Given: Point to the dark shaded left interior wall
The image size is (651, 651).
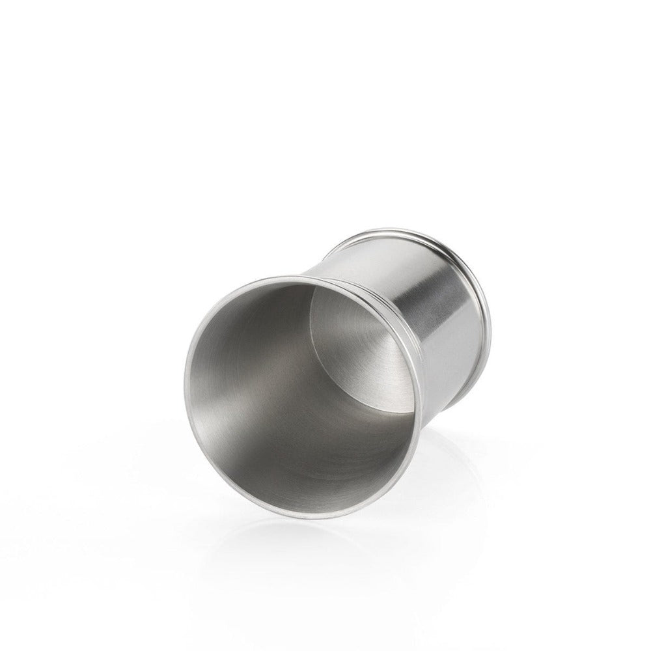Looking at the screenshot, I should point(228,365).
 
